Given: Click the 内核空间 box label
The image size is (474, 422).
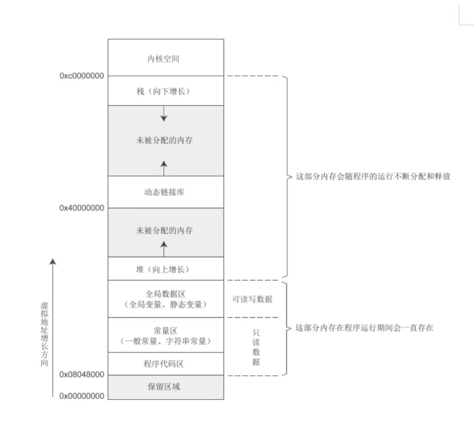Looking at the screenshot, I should [x=165, y=58].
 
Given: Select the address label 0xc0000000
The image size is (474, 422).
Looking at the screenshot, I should [x=82, y=76].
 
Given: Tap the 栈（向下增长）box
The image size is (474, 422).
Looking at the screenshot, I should [x=165, y=91].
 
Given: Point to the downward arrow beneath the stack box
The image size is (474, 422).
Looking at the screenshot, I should [x=165, y=114].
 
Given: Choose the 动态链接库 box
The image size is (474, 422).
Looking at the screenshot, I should [x=165, y=192].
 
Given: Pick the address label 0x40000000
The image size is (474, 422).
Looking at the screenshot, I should [x=82, y=208].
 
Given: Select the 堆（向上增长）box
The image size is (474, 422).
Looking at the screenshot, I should [x=165, y=269].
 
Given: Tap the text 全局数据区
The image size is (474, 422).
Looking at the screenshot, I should [x=166, y=294].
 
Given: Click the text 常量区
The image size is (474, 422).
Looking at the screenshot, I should [x=166, y=331].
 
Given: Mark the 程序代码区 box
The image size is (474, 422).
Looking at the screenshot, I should [x=165, y=364].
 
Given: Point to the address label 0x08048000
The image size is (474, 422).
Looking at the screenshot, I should [x=82, y=374].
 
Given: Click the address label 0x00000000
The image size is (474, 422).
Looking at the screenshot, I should [x=82, y=397].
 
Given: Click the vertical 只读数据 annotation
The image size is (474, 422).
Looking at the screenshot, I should [x=256, y=347].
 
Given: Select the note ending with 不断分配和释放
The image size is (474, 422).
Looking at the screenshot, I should [x=373, y=177].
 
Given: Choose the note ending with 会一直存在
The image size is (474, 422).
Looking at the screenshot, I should [x=364, y=328].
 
